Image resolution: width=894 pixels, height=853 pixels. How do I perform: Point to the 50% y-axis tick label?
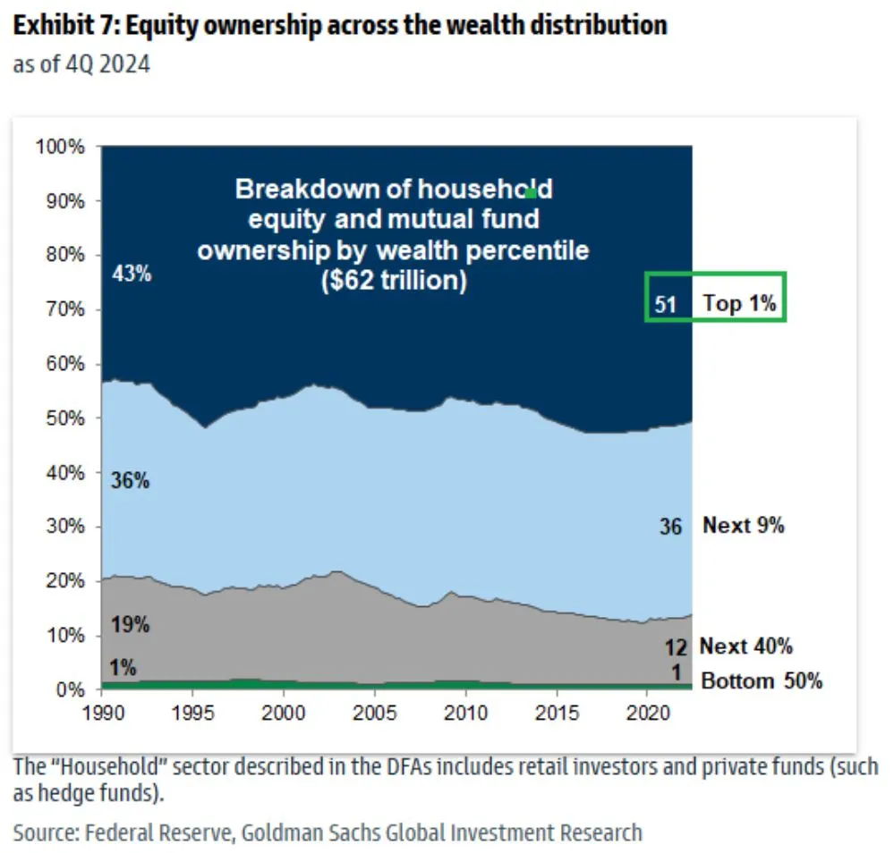pos(64,418)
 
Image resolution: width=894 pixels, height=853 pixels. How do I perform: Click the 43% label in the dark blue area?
pos(132,274)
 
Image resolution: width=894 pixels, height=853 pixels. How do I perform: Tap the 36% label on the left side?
pos(131,480)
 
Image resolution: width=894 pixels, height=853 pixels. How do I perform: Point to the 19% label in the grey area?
pos(131,624)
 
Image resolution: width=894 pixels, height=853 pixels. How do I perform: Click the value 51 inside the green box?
pos(666,304)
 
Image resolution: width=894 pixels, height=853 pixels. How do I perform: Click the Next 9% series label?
pos(743,526)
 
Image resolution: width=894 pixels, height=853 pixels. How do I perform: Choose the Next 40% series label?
pos(745,646)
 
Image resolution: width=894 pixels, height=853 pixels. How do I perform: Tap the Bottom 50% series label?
pos(761,681)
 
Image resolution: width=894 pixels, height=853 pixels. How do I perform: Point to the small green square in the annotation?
pos(531,191)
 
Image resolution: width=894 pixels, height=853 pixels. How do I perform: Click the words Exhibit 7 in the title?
pos(64,24)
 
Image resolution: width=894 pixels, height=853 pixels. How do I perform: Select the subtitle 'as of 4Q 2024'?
pos(81,65)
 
